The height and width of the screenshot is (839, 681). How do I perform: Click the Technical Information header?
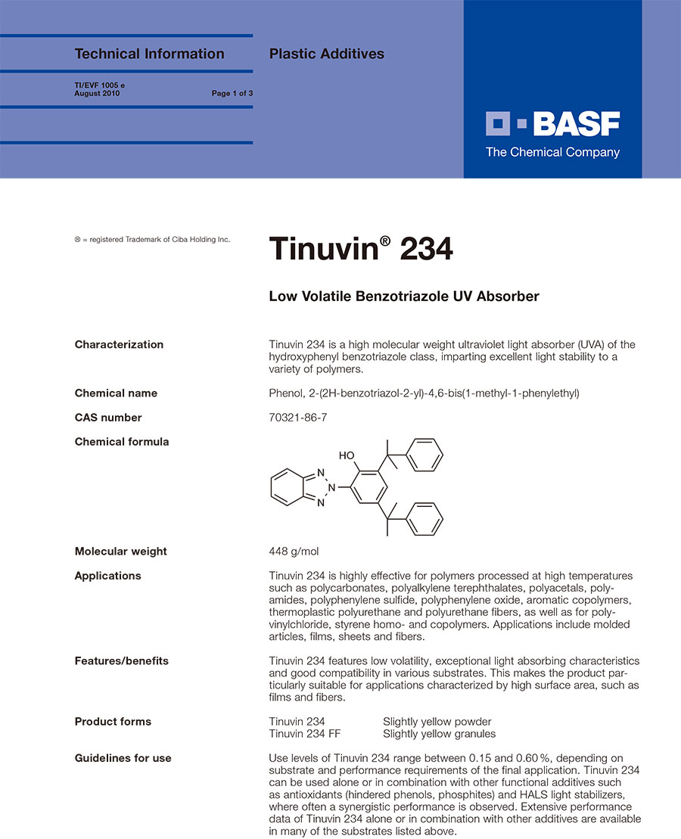coord(149,54)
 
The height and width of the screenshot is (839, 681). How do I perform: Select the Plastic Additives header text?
coord(326,54)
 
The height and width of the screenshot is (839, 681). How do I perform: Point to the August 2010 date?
coord(97,94)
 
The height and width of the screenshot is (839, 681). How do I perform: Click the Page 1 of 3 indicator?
coord(232,94)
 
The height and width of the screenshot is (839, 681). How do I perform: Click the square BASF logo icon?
coord(501,123)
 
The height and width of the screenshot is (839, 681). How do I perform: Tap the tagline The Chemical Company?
coord(552,152)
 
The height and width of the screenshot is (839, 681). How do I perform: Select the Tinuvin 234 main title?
coord(361,248)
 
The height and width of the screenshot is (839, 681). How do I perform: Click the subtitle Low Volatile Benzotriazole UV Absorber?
coord(404,297)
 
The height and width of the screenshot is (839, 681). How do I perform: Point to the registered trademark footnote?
coord(152,240)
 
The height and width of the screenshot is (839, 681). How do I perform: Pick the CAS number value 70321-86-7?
coord(298,418)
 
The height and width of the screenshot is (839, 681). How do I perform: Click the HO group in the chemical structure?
coord(347,455)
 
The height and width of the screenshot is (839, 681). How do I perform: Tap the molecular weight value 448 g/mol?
coord(299,552)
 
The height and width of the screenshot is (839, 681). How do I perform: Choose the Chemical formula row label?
coord(121,442)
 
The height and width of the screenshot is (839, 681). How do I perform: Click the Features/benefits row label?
coord(121,661)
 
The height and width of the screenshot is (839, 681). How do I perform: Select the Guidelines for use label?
coord(123,758)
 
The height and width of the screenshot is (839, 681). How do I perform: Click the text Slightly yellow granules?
coord(439,734)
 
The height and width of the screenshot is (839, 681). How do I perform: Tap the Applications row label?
coord(107,576)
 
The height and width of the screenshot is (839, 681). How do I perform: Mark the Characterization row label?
coord(119,345)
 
